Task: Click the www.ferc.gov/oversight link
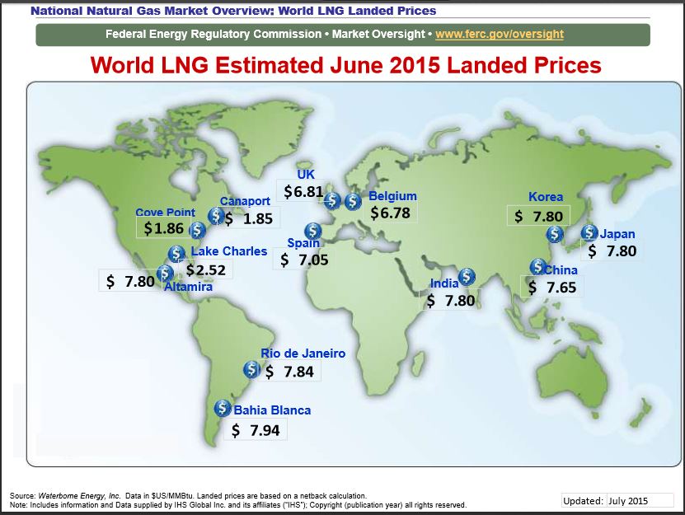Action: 500,35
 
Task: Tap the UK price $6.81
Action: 303,192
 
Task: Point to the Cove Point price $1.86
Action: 163,228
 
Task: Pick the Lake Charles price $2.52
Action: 206,269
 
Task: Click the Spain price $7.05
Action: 304,260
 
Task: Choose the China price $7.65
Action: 551,287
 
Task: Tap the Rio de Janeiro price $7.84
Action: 289,372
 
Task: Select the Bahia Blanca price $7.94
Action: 255,430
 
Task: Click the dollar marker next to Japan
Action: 589,233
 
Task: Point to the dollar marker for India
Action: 467,276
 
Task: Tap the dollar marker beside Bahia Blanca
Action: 222,407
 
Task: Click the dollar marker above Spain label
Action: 312,232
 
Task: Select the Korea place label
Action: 546,197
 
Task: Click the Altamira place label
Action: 188,287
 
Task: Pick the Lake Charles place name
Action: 229,251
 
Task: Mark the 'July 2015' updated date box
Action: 628,500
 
